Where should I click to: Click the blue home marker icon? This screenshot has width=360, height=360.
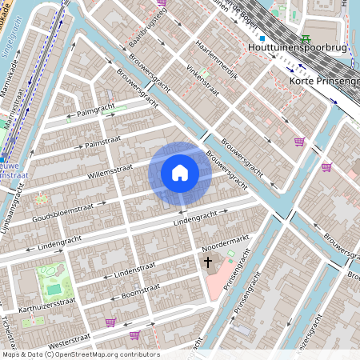pos(180,172)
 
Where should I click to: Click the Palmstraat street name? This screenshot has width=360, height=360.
pos(102,142)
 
